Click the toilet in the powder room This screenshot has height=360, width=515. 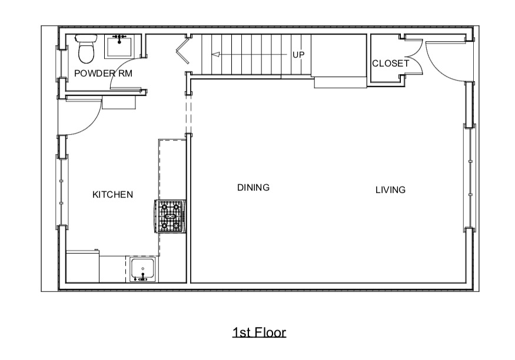(x=86, y=49)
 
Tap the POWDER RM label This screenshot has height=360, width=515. (x=103, y=73)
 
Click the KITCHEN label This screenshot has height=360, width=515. (x=112, y=195)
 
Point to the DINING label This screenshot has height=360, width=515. (x=253, y=188)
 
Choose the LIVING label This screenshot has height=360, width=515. (x=391, y=189)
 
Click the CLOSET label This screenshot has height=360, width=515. (x=391, y=63)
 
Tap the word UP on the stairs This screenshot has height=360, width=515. (x=298, y=55)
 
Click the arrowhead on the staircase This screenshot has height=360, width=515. (x=215, y=55)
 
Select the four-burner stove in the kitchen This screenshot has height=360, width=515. (x=170, y=216)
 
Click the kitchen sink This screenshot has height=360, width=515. (x=143, y=269)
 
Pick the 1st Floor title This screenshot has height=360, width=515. (x=259, y=332)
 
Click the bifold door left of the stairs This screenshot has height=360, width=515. (x=182, y=51)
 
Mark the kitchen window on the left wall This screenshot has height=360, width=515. (x=61, y=192)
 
